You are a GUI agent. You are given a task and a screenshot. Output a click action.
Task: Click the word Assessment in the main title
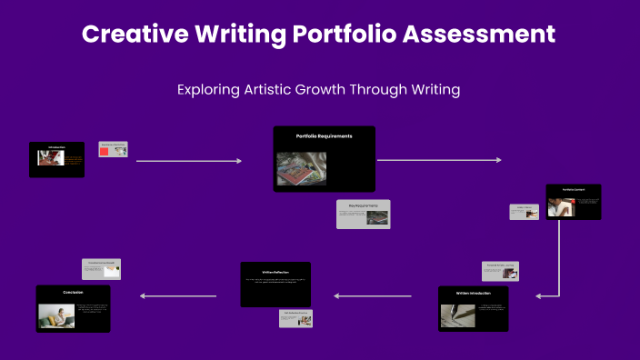click(x=480, y=35)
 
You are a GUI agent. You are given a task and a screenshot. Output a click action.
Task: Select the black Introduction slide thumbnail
click(x=56, y=159)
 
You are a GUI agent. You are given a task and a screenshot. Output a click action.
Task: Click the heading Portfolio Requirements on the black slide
click(x=324, y=136)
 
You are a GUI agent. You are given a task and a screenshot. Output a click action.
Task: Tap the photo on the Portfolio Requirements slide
click(x=301, y=169)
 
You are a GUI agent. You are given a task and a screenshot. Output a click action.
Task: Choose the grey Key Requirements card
click(x=363, y=214)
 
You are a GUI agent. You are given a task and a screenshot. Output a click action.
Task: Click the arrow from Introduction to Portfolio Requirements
click(x=189, y=161)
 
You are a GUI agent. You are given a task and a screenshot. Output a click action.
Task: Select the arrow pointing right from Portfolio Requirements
click(x=438, y=160)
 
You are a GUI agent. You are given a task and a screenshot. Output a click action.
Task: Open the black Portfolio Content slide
click(x=573, y=202)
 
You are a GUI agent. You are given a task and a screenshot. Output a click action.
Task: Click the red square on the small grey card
click(x=105, y=152)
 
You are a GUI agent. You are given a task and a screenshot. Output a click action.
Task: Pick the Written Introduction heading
click(x=473, y=294)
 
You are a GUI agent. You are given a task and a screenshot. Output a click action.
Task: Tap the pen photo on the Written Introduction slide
click(x=458, y=315)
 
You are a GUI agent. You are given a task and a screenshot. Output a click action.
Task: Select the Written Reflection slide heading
click(x=275, y=271)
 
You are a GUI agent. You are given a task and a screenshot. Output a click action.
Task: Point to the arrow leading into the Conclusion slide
click(x=178, y=295)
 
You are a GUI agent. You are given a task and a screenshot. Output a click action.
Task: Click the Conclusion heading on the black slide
click(x=73, y=293)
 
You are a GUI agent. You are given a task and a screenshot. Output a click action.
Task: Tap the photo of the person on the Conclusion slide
click(x=56, y=315)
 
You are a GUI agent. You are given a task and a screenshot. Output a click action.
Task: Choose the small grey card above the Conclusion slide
click(x=101, y=268)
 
